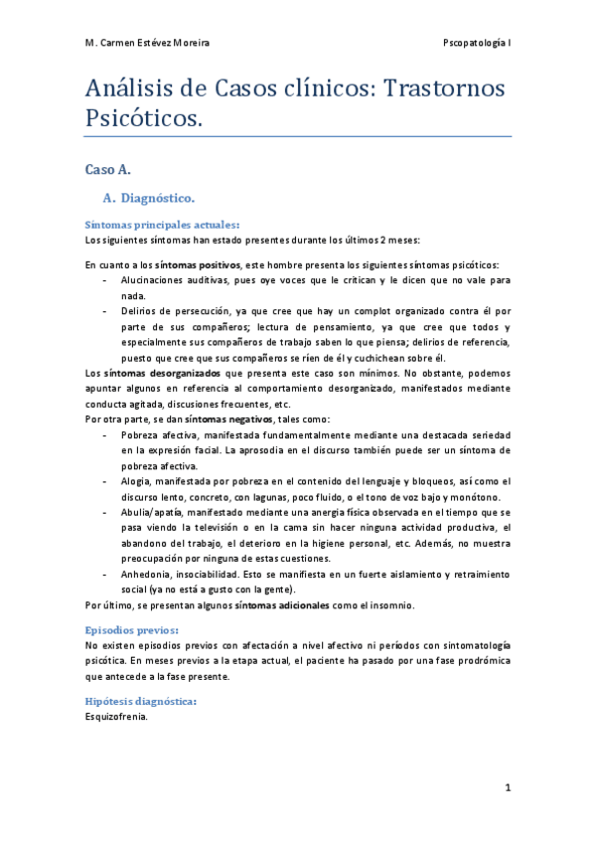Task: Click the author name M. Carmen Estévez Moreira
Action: point(147,44)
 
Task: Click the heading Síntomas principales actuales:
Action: point(162,225)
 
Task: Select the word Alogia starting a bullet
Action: point(136,481)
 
